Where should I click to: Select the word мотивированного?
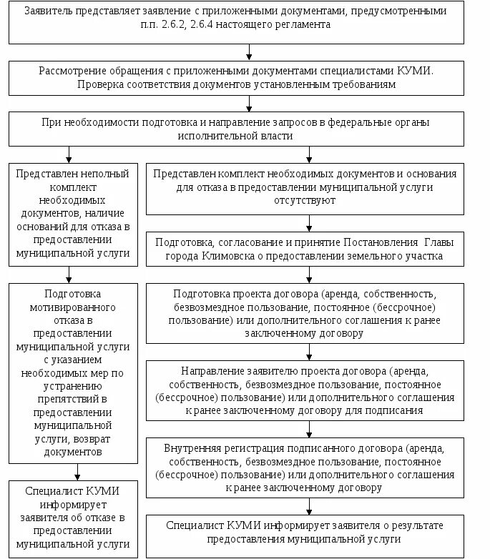coord(73,307)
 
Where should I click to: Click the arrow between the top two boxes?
coord(249,52)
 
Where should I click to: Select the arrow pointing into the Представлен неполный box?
coord(69,154)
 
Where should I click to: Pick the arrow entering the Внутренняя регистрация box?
coord(309,430)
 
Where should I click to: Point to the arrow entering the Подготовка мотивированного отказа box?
coord(69,274)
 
